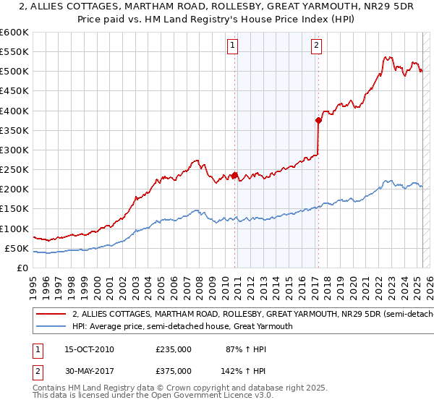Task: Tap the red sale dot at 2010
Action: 235,175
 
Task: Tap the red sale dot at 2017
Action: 318,120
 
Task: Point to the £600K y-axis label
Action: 14,33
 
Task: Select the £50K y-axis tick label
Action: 17,249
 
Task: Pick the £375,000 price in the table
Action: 174,370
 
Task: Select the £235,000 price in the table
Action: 174,349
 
